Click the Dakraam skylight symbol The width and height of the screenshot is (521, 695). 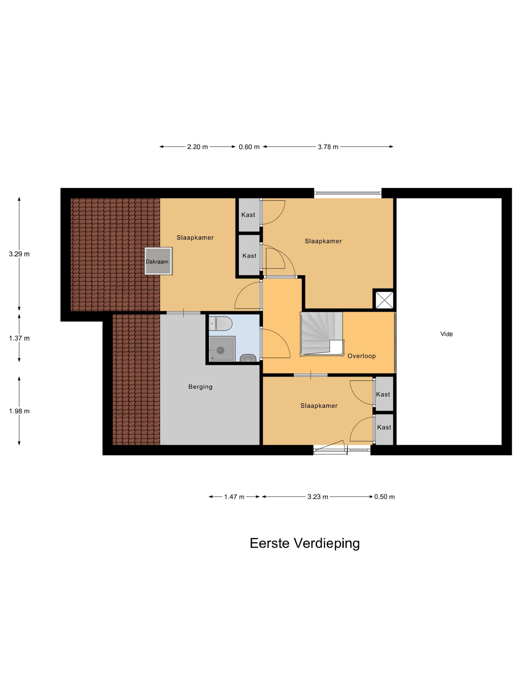pos(158,261)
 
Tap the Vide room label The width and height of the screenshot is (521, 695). pos(446,334)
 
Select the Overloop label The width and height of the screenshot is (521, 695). pos(361,356)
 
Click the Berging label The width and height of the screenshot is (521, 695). pos(200,387)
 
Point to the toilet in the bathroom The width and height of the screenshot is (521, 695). pos(220,323)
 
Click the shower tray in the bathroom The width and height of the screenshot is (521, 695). pos(222,349)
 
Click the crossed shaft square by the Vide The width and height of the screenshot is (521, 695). pos(384,300)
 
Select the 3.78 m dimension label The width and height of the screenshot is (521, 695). pos(328,147)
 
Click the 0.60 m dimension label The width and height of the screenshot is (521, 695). pos(249,147)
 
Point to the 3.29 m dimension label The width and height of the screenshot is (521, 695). pos(19,254)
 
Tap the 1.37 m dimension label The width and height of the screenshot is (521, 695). pos(19,338)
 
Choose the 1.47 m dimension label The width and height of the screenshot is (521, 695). pos(234,497)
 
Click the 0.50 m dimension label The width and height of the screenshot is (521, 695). pos(384,497)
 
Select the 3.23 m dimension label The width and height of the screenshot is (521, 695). pos(318,497)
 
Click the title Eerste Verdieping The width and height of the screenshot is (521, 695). pos(305,543)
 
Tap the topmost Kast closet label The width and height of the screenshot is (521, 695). pos(248,215)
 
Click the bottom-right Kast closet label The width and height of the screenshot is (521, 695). pos(384,427)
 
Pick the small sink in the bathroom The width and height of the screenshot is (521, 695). pos(248,358)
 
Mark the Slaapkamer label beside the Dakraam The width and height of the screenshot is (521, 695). pos(195,237)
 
